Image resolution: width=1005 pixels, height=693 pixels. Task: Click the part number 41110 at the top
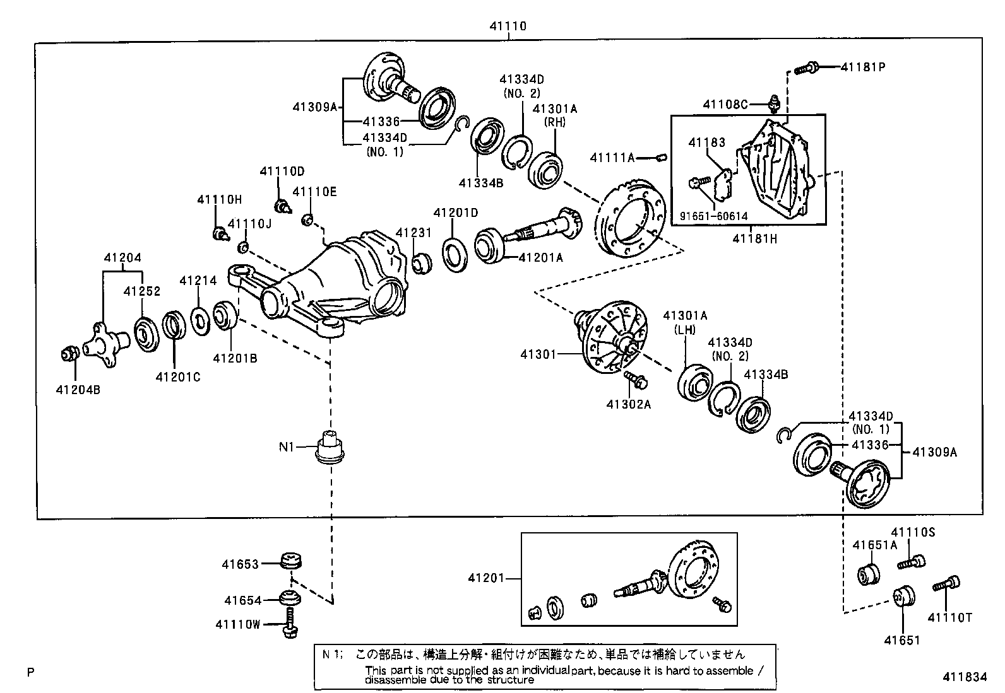(508, 26)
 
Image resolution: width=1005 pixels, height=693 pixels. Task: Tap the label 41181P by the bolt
(862, 67)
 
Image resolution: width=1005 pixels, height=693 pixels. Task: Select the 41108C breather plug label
(726, 104)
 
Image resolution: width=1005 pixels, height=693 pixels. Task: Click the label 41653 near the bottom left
(240, 564)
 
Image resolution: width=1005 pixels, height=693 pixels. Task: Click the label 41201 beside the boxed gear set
(486, 578)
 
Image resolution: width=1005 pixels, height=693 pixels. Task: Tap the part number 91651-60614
(713, 216)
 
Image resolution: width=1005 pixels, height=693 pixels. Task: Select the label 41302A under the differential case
(628, 404)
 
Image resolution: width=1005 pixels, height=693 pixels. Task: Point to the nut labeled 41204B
(68, 355)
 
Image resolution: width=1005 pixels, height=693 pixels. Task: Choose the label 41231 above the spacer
(414, 233)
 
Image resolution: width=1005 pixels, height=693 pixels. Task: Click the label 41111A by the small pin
(612, 158)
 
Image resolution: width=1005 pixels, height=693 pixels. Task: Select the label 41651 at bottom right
(901, 641)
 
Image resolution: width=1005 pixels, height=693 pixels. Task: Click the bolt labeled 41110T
(945, 585)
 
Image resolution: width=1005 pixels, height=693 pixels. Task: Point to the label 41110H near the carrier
(219, 200)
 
